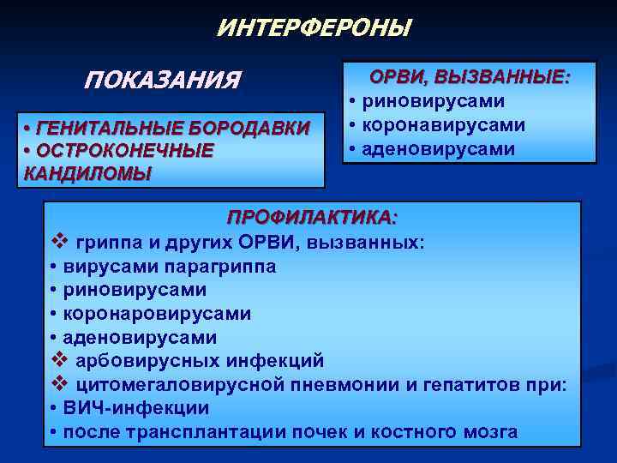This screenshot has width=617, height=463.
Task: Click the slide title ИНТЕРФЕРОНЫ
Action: [314, 28]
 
